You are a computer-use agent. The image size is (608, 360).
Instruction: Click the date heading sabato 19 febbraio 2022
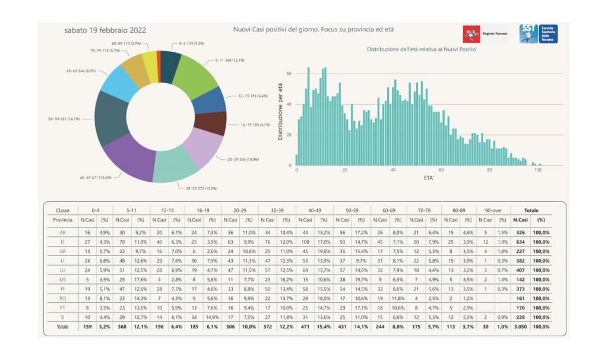coord(105,30)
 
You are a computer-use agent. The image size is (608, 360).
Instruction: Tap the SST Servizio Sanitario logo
coord(538,34)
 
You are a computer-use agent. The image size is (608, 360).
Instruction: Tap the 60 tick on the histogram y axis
coord(289,74)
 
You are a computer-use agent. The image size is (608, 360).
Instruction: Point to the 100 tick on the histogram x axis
coord(538,170)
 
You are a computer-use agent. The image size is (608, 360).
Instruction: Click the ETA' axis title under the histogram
coord(429,178)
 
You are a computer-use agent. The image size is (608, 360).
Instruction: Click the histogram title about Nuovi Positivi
coord(422,49)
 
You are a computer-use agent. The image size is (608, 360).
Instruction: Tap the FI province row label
coord(62,242)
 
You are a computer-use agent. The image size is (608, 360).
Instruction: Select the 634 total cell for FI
coord(522,242)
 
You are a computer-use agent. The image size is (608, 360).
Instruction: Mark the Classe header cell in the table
coord(62,210)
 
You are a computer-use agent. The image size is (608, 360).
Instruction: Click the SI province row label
coord(62,317)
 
